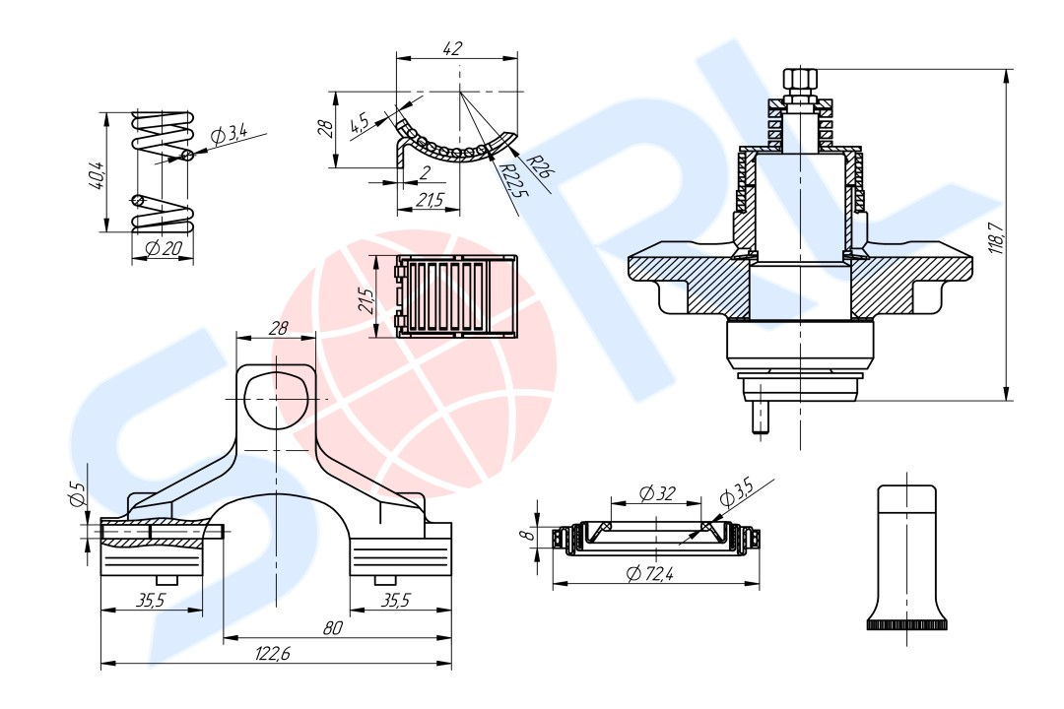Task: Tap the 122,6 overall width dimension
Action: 272,654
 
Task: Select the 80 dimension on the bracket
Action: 332,628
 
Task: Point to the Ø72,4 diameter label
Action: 650,574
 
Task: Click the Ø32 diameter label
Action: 657,493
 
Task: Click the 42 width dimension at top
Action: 452,49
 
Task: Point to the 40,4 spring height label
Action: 97,175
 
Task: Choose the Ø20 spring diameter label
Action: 164,249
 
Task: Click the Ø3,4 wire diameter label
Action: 229,135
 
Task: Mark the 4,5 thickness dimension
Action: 359,125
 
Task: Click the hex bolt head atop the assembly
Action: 799,82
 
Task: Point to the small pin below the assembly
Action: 760,418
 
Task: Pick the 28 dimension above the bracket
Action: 278,328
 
